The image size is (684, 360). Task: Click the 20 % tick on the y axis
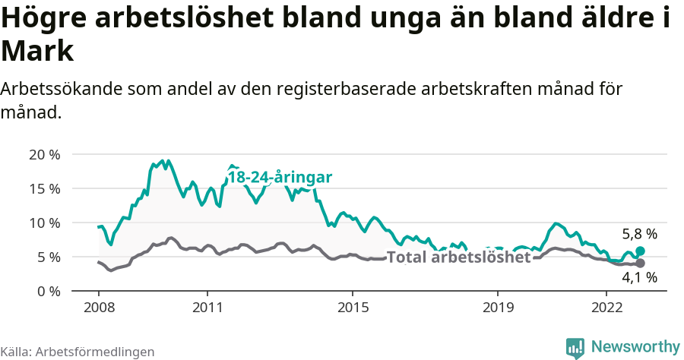pos(45,154)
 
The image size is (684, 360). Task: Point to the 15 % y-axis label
pos(45,188)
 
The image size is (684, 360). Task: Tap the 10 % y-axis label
pos(45,223)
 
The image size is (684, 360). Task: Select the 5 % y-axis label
pos(48,257)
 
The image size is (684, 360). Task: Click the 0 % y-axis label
pos(48,291)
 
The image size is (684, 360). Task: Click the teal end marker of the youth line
pos(640,251)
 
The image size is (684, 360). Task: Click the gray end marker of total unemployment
pos(640,263)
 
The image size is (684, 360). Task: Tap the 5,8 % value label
pos(639,234)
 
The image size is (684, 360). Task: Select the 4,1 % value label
pos(639,278)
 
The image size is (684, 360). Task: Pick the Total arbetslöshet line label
pos(458,257)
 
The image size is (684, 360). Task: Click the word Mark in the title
pos(37,52)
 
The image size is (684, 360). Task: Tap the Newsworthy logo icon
pos(575,347)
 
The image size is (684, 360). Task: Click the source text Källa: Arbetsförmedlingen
pos(78,352)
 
